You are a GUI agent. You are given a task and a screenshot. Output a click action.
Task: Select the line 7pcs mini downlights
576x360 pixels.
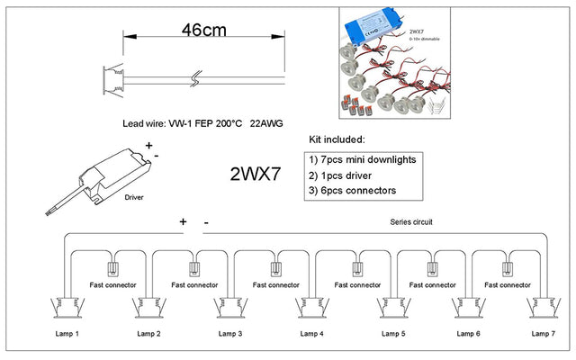click(x=360, y=159)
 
